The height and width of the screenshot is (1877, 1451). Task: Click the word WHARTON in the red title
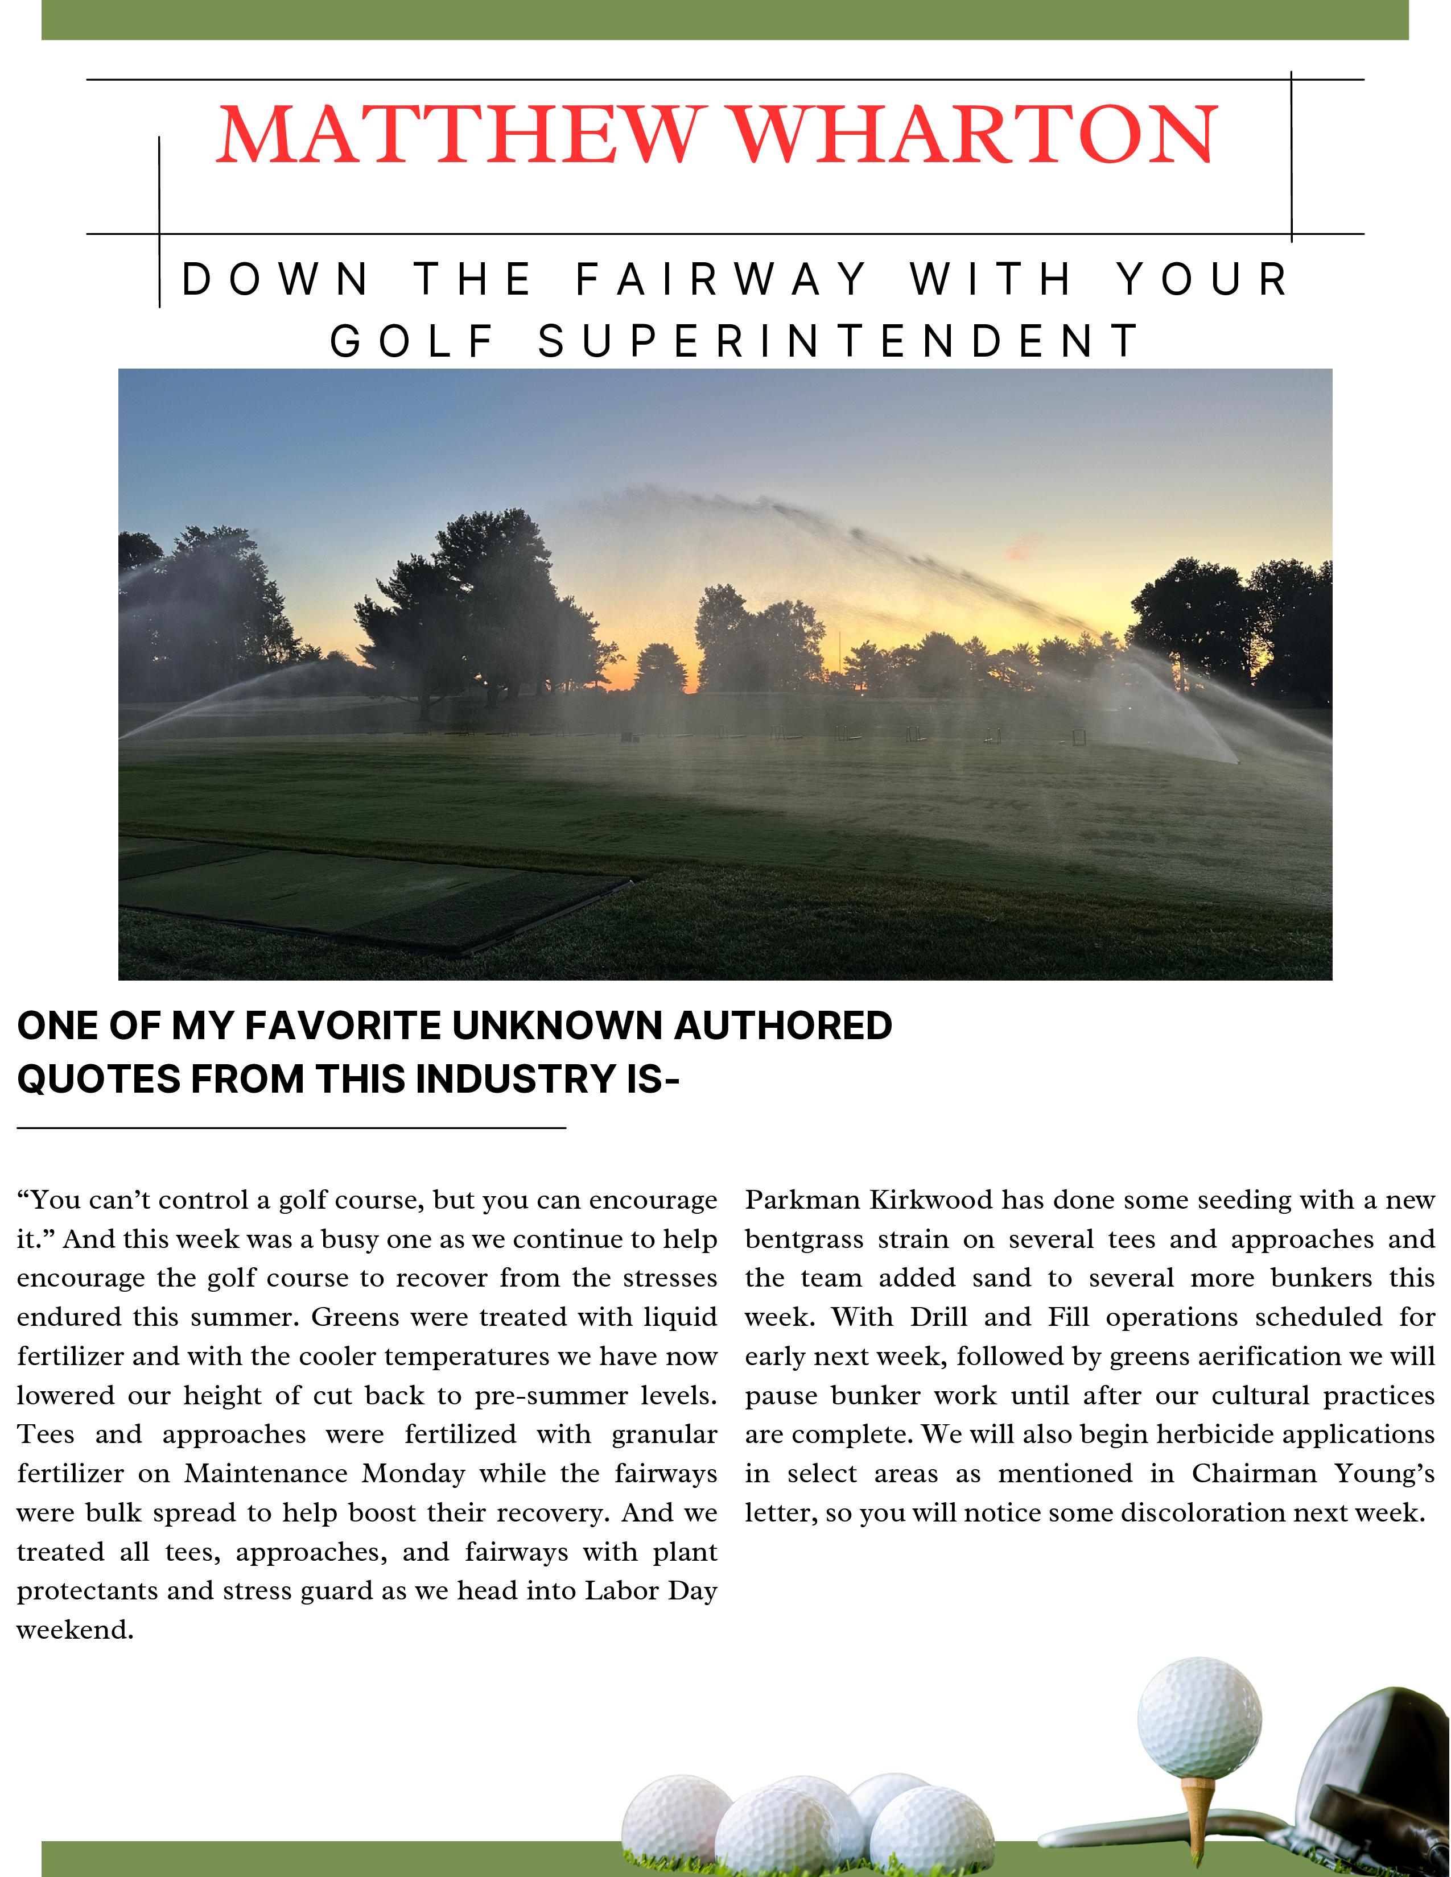pyautogui.click(x=974, y=136)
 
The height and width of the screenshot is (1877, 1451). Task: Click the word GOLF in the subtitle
pyautogui.click(x=414, y=341)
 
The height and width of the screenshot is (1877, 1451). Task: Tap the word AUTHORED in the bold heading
pyautogui.click(x=783, y=1026)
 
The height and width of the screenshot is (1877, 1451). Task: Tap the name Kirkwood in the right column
pyautogui.click(x=931, y=1200)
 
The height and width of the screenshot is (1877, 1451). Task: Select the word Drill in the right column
pyautogui.click(x=939, y=1317)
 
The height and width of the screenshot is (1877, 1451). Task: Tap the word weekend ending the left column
pyautogui.click(x=74, y=1630)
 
